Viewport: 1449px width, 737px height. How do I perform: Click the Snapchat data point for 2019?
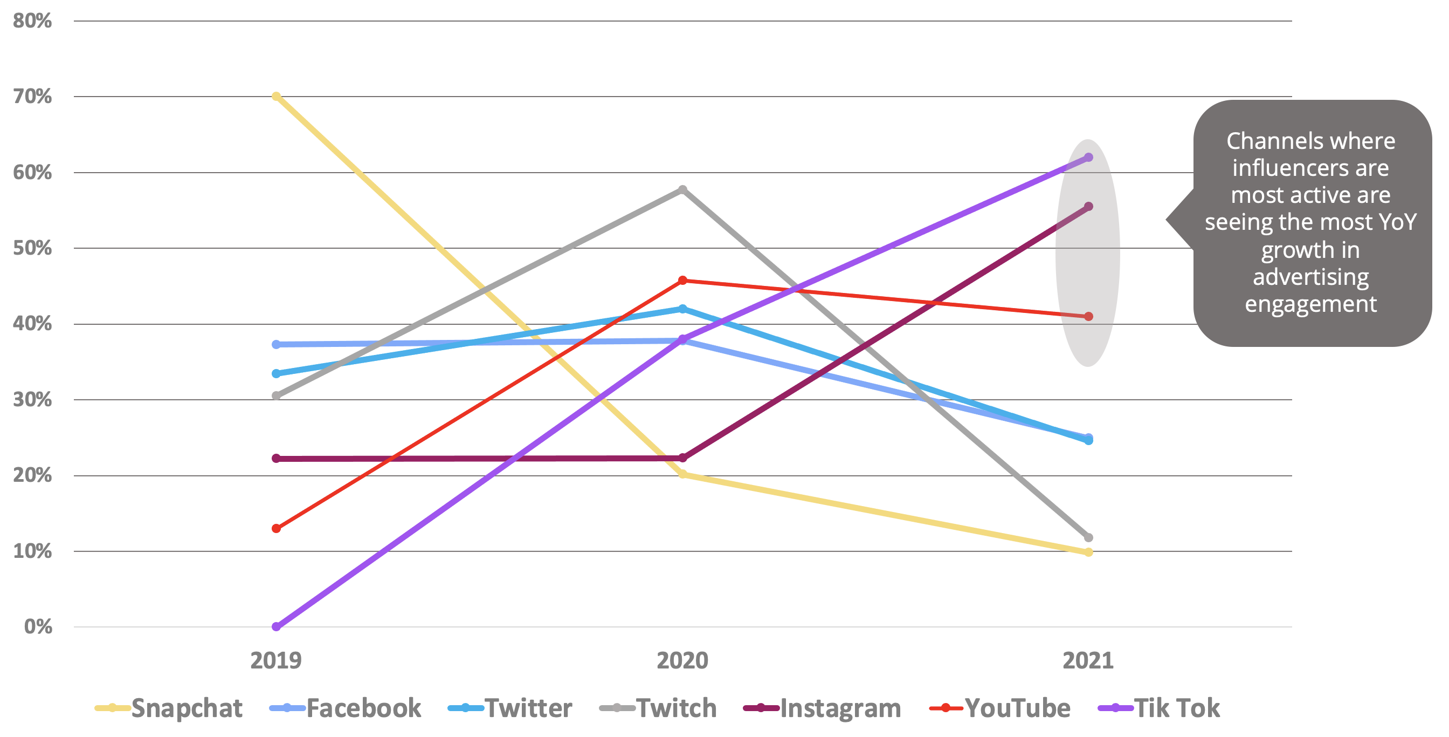276,96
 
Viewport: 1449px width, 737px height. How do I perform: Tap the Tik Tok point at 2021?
1088,158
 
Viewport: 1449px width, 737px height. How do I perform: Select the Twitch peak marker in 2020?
682,190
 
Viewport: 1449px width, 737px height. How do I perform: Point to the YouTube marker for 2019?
276,528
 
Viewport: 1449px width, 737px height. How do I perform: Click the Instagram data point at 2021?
1088,207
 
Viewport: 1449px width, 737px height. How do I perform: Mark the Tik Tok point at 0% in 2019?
276,626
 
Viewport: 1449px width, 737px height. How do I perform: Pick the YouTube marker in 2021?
1088,316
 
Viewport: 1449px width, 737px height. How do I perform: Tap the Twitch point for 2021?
1088,538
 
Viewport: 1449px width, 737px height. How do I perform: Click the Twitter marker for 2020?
682,309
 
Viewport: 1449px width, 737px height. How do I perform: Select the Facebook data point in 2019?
276,344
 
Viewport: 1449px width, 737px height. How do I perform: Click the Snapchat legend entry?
169,708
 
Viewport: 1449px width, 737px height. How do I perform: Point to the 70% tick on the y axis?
32,96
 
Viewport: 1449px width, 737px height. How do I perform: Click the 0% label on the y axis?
38,626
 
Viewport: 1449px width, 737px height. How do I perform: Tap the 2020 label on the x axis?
682,660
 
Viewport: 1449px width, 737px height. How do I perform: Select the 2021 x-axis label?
1088,660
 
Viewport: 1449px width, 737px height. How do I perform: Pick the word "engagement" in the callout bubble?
1310,305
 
